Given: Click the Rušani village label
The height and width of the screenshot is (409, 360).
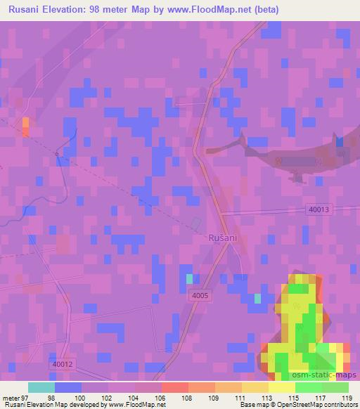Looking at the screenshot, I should pos(223,238).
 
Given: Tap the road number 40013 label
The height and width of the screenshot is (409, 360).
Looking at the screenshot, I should pos(318,209).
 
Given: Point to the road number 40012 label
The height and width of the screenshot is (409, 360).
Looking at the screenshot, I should pos(62,364).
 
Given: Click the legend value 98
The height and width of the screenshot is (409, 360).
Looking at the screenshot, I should pos(50,397).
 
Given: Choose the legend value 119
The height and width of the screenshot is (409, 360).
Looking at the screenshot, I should pos(345,397).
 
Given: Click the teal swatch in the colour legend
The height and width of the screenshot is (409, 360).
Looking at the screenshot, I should pos(41,387).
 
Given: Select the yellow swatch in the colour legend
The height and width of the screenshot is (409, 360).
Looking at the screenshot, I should pos(282,387).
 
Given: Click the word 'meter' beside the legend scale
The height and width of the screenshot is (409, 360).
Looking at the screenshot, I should pos(13,397).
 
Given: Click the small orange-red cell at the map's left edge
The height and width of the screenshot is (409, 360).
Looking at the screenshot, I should pos(26,126).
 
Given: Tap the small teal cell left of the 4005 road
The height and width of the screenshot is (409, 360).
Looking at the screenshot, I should pos(189,279).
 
